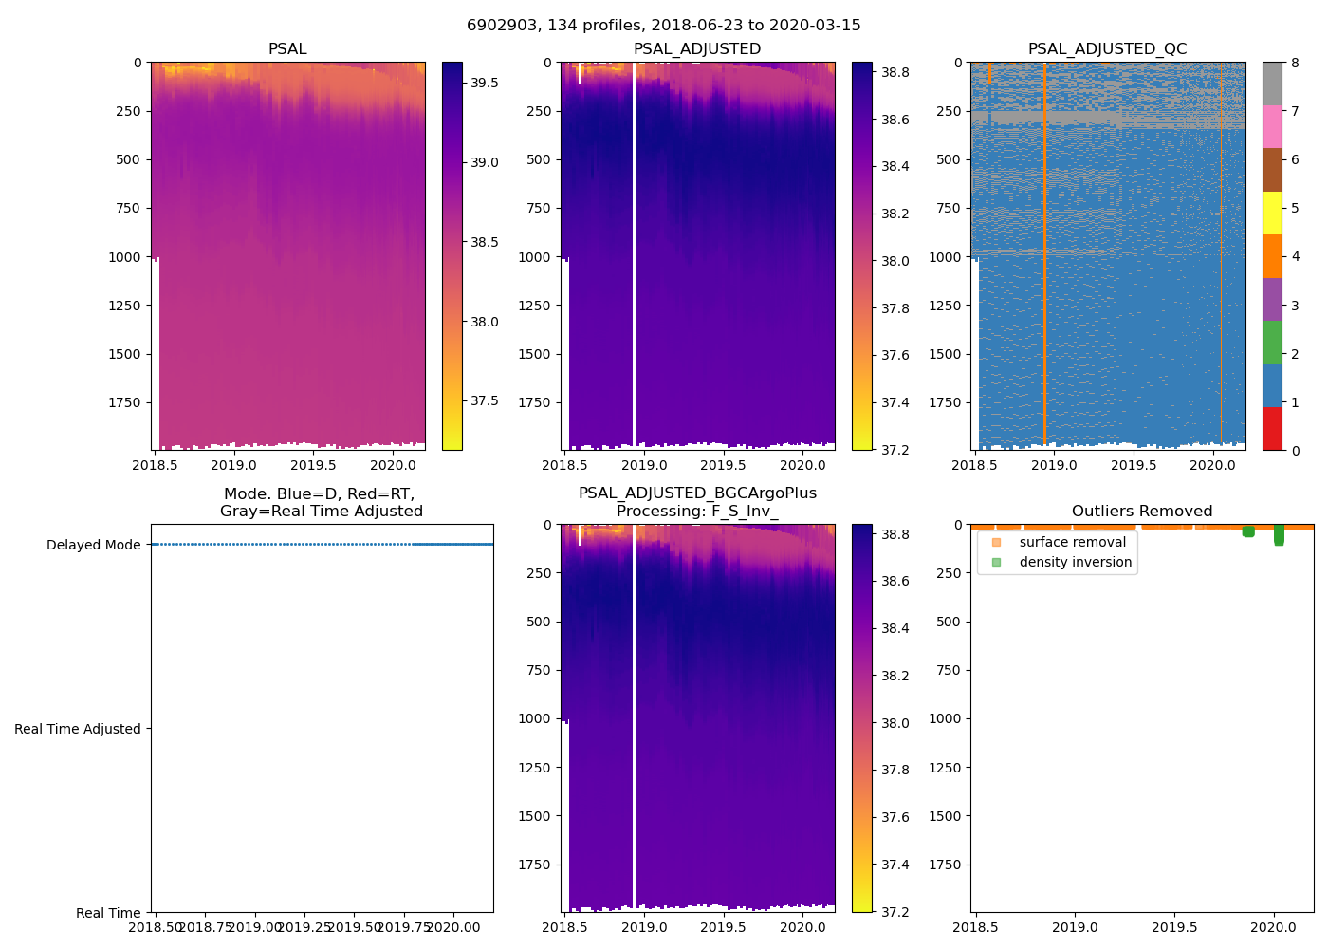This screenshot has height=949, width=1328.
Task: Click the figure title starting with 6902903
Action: [x=663, y=26]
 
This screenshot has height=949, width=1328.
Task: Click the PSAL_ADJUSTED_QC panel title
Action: [x=1107, y=49]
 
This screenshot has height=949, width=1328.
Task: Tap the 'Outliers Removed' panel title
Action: [x=1141, y=512]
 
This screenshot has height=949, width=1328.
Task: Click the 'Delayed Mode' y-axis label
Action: [x=93, y=545]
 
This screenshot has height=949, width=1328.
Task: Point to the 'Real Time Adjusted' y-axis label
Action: [x=78, y=729]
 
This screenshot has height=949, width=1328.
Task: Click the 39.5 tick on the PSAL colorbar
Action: [x=485, y=83]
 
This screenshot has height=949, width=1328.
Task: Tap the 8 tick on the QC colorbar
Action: [x=1295, y=63]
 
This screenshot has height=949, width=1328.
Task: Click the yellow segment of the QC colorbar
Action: [x=1272, y=214]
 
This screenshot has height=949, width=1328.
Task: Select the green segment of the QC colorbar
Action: [x=1272, y=343]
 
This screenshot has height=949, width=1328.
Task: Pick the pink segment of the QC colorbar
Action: [x=1272, y=127]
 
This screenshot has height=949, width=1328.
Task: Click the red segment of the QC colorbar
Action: [x=1272, y=429]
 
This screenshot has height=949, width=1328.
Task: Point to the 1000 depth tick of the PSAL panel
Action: [x=124, y=257]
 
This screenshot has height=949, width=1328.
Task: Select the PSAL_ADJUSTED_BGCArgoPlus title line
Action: [x=697, y=493]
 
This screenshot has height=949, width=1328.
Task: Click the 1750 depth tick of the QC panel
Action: [x=944, y=402]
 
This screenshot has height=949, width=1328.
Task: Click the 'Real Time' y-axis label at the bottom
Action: [x=108, y=913]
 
